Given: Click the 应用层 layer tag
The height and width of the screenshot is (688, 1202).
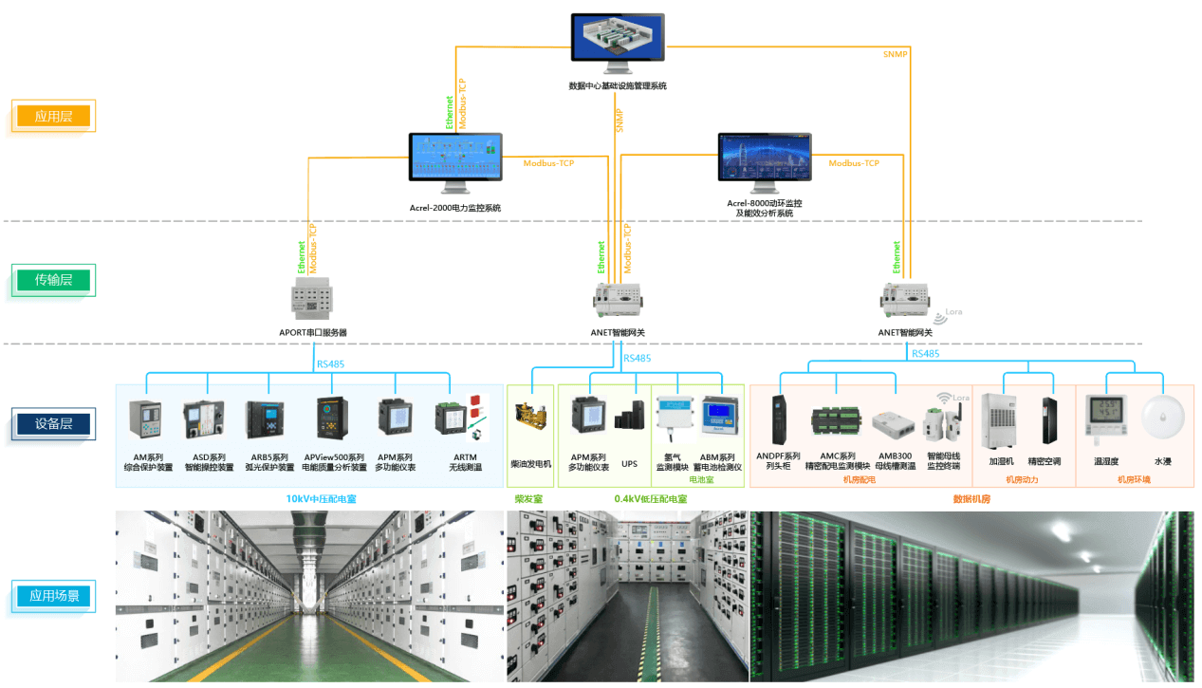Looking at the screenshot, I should coord(53,117).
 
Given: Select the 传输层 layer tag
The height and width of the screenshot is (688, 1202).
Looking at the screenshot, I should coord(53,280).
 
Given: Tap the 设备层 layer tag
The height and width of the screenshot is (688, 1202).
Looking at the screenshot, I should coord(53,424).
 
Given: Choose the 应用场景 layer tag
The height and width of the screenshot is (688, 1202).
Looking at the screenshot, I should coord(53,596).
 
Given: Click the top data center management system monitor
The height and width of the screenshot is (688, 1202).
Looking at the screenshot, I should coord(617,40).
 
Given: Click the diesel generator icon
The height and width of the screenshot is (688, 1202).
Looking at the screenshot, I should coord(530,418).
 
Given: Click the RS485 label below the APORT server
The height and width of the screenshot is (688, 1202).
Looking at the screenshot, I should coord(331,363).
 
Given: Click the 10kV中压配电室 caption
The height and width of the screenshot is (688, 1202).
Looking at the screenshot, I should coord(322,498).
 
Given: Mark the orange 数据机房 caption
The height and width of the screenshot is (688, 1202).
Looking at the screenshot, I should coord(971,498).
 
